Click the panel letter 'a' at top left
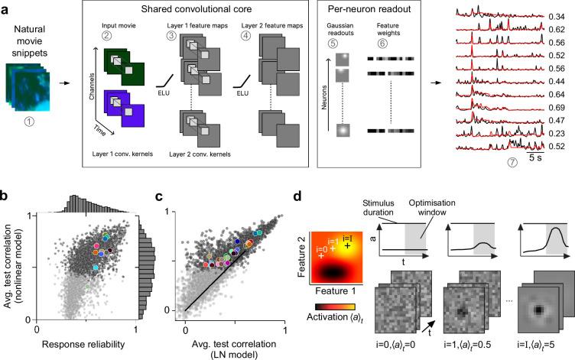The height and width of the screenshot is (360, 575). (x=7, y=7)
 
